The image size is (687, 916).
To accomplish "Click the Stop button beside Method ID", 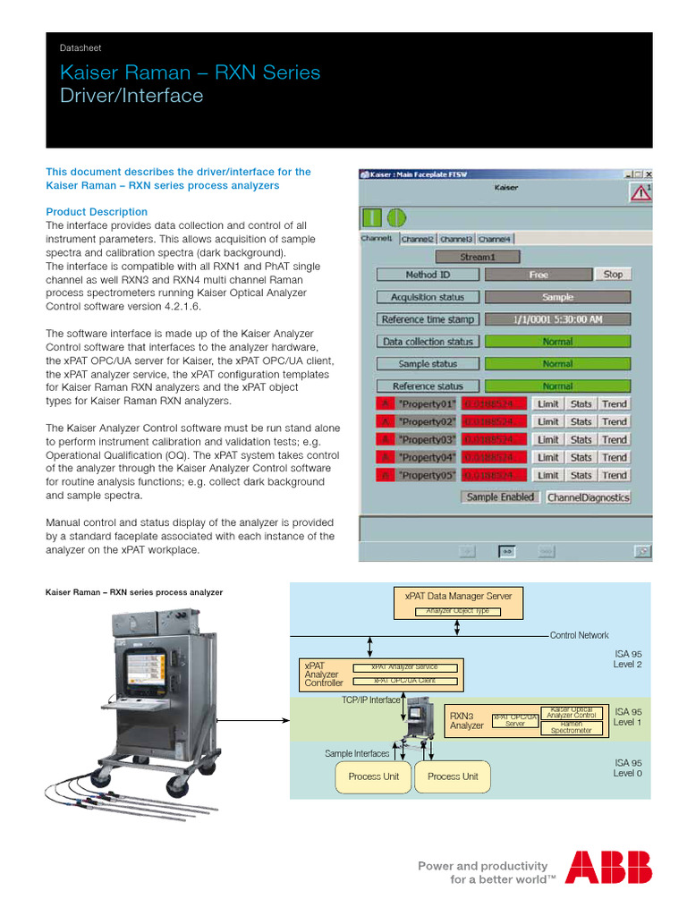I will pyautogui.click(x=613, y=275).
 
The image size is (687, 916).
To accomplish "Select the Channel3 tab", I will pyautogui.click(x=456, y=239).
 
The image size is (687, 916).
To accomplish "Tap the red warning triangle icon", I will pyautogui.click(x=640, y=192).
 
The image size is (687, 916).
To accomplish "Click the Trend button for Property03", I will pyautogui.click(x=615, y=439).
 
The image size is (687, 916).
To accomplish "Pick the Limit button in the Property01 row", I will pyautogui.click(x=548, y=403).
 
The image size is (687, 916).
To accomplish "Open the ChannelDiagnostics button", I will pyautogui.click(x=588, y=497).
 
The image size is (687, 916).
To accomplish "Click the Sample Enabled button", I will pyautogui.click(x=500, y=497).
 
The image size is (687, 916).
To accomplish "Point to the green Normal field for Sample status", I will pyautogui.click(x=557, y=364).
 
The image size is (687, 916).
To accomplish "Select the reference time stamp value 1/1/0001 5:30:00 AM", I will pyautogui.click(x=557, y=319).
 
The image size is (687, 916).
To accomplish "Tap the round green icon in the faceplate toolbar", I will pyautogui.click(x=396, y=217).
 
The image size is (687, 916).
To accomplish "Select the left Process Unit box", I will pyautogui.click(x=373, y=776).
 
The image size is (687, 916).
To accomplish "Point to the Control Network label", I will pyautogui.click(x=579, y=635).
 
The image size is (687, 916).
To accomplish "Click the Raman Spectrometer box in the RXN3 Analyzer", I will pyautogui.click(x=571, y=727).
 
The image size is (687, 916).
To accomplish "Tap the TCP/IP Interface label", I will pyautogui.click(x=370, y=700).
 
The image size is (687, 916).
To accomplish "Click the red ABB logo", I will pyautogui.click(x=608, y=867).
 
